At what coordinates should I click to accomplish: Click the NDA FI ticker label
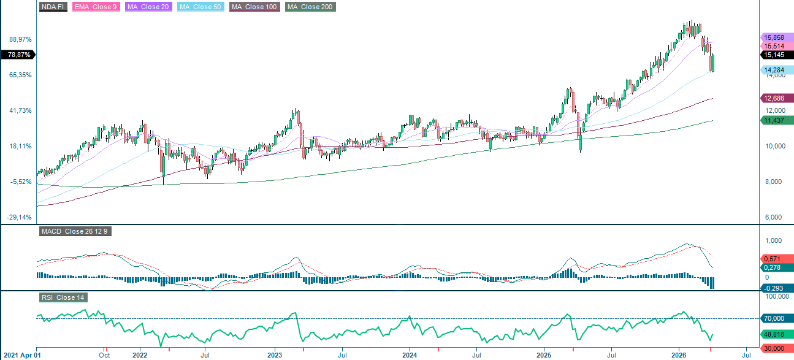tap(53, 7)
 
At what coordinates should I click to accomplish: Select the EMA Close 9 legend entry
tap(96, 7)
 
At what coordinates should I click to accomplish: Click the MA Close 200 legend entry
tap(310, 7)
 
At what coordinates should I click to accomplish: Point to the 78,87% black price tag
tap(18, 55)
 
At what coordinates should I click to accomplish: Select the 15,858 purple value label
tap(775, 37)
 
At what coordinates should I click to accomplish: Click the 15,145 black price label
tap(775, 55)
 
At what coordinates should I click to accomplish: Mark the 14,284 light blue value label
tap(775, 70)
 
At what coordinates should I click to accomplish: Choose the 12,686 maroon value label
tap(775, 98)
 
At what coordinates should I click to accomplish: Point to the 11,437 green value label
tap(775, 120)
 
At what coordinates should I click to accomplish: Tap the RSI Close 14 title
tap(63, 297)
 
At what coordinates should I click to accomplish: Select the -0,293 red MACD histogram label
tap(775, 288)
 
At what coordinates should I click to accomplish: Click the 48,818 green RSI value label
tap(775, 334)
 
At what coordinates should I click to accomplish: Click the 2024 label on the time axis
tap(410, 354)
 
